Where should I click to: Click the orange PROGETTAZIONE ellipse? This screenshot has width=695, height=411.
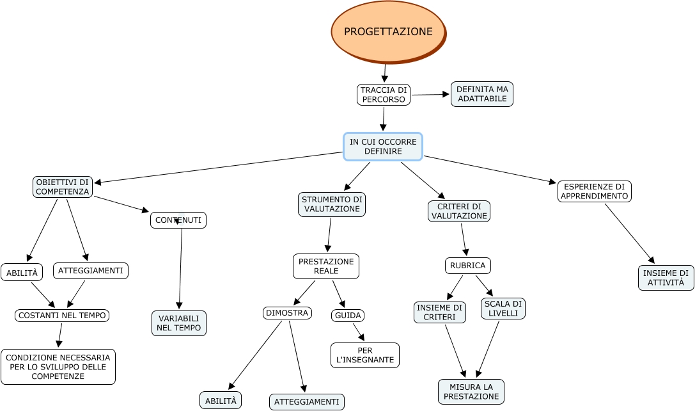click(388, 31)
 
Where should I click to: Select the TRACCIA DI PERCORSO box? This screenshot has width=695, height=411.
click(383, 95)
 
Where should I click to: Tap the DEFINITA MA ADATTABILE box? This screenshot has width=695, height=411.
click(482, 94)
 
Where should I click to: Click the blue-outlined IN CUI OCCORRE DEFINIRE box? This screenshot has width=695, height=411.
click(383, 147)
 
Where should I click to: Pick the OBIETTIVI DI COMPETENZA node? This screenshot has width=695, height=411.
click(63, 187)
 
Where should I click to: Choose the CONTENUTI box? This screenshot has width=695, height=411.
click(178, 220)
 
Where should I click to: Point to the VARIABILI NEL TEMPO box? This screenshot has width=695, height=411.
click(179, 323)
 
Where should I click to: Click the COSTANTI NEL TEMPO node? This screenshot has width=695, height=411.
click(62, 316)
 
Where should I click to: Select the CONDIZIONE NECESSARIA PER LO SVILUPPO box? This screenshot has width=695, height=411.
click(58, 367)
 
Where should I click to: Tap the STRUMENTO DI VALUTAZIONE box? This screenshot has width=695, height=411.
click(332, 204)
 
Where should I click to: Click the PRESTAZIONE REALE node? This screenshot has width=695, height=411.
click(326, 266)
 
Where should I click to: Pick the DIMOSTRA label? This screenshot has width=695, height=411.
click(287, 313)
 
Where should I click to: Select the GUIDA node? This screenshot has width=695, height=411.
click(348, 316)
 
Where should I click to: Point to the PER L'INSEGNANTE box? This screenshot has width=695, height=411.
click(365, 355)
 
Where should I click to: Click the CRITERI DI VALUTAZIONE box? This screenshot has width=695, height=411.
click(459, 211)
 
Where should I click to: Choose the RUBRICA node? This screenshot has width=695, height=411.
click(467, 266)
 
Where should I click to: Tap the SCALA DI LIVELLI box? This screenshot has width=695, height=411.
click(503, 309)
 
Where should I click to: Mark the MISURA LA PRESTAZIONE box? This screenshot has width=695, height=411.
click(471, 392)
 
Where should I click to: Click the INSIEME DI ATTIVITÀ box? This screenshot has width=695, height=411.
click(666, 278)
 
